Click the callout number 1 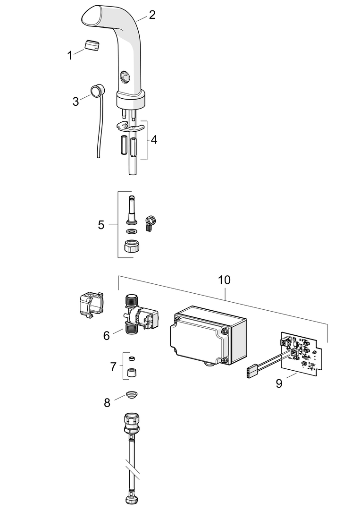69,56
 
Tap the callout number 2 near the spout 152,15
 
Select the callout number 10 224,280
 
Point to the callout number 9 279,383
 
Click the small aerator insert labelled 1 92,45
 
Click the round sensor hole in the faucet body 124,76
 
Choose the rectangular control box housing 208,336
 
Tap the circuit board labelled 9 302,355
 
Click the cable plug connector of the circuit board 251,371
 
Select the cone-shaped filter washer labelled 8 132,395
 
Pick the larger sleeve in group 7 132,372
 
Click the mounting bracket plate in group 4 129,126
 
